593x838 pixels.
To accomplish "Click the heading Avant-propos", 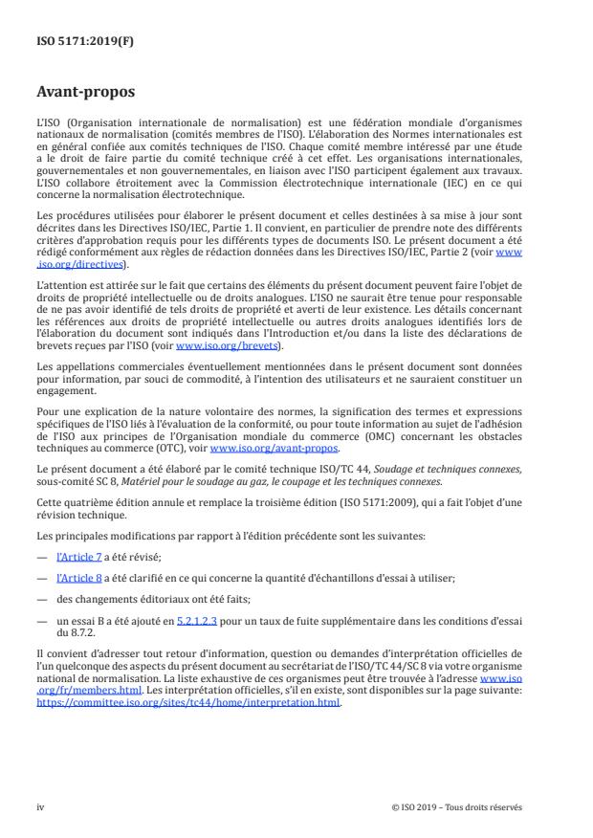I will point(84,94).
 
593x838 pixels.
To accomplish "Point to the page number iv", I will point(40,807).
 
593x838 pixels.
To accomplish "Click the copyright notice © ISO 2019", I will point(457,807).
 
